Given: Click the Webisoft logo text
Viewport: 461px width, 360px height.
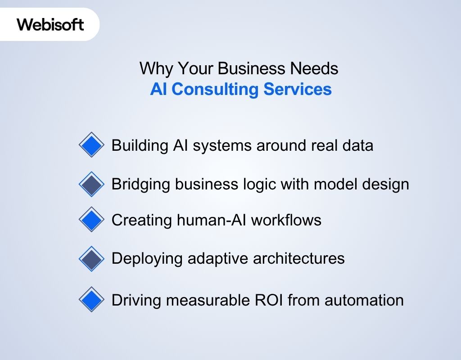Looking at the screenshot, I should click(50, 24).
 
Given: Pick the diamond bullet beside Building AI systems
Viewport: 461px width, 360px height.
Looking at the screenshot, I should click(91, 145).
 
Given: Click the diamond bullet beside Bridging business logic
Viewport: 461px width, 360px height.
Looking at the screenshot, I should click(91, 184).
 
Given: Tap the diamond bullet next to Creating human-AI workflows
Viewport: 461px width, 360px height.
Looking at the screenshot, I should click(91, 220).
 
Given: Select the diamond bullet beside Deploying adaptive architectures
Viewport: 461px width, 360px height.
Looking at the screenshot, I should click(91, 258).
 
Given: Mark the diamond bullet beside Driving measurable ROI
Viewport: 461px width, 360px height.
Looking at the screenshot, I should click(91, 300).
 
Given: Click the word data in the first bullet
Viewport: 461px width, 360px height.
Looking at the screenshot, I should click(357, 145).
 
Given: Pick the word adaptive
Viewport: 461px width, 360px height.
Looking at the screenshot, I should click(208, 259).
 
